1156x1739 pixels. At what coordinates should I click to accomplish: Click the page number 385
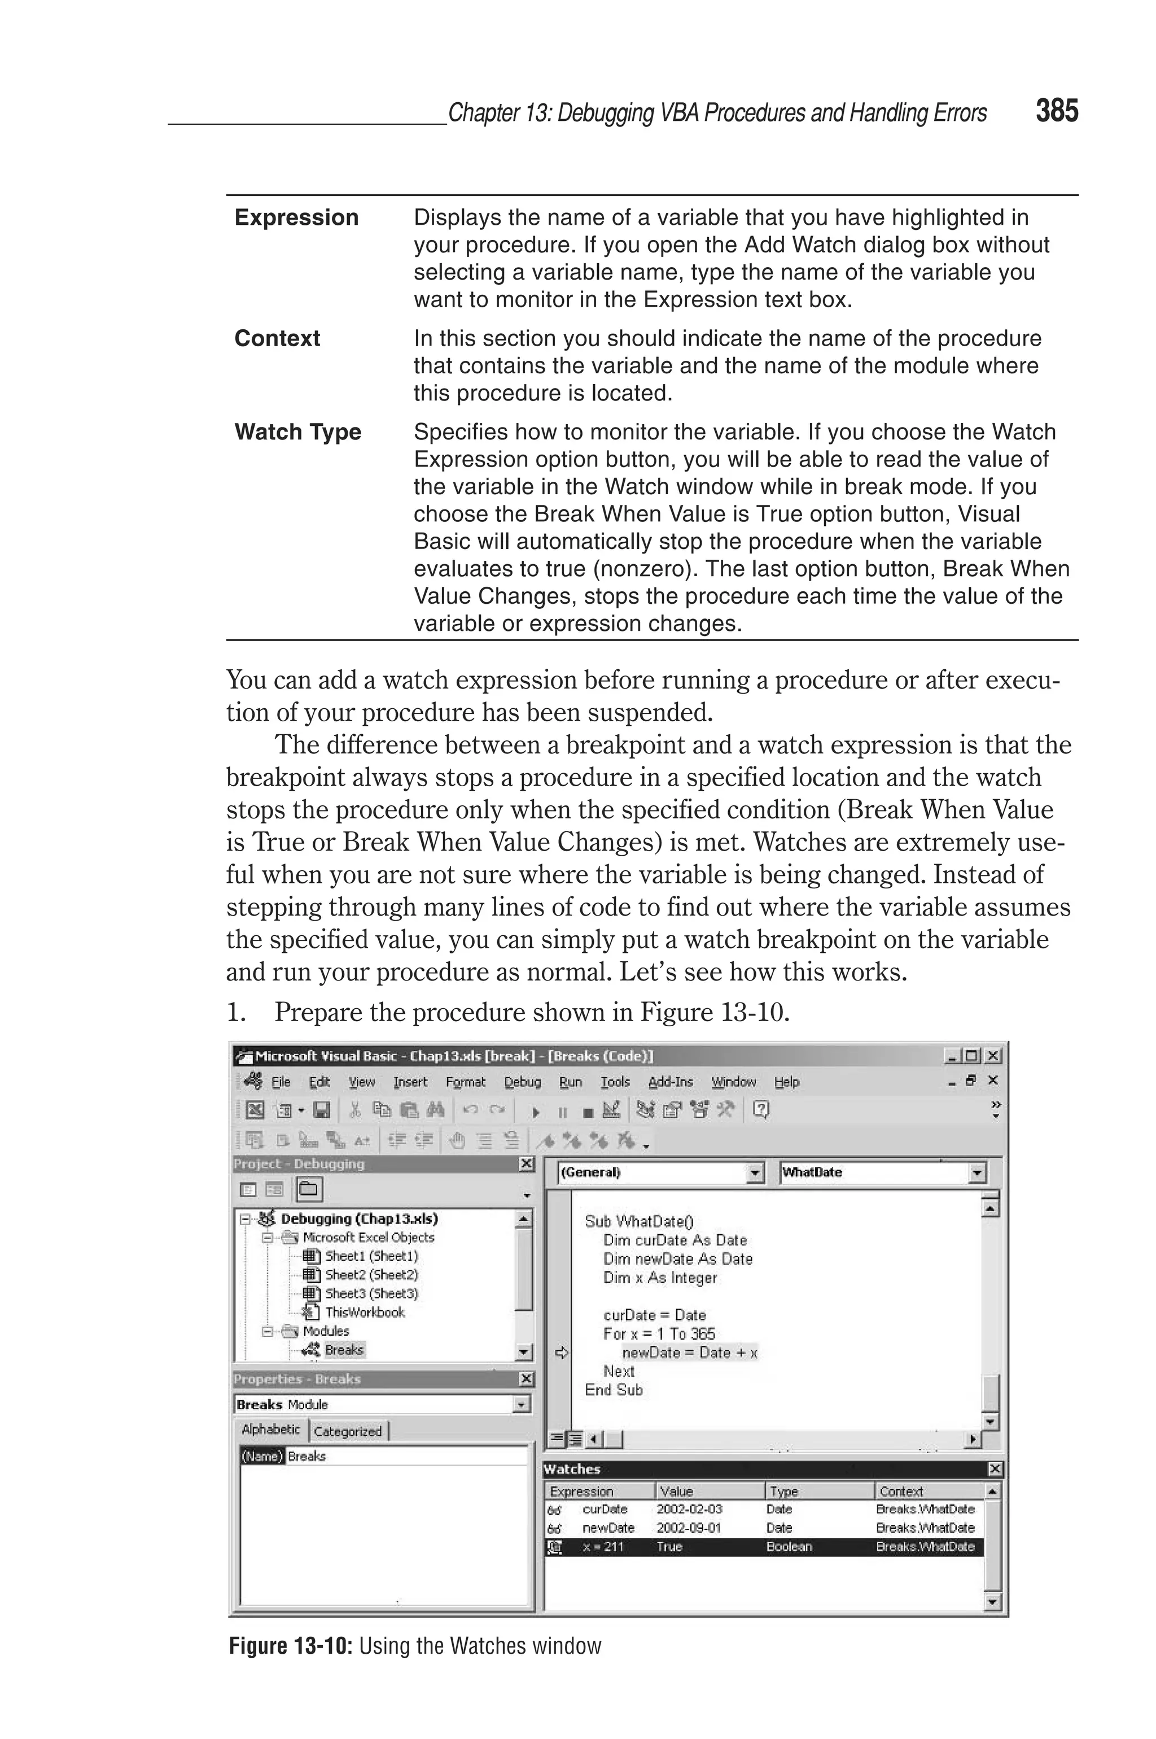point(1057,111)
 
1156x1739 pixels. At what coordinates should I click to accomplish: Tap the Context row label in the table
point(277,338)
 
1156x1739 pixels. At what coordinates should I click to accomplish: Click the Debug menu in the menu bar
point(522,1082)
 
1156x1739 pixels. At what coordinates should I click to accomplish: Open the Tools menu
point(615,1082)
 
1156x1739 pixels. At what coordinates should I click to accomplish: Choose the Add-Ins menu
point(670,1082)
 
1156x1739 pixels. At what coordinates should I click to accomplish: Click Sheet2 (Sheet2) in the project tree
point(371,1274)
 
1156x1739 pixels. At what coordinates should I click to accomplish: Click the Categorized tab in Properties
point(347,1431)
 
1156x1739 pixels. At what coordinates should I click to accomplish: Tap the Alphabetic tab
point(270,1429)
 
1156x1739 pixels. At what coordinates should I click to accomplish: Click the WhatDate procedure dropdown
point(882,1172)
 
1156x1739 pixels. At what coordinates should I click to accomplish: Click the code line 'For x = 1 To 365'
point(658,1333)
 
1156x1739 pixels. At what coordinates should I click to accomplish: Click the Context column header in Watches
point(901,1490)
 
